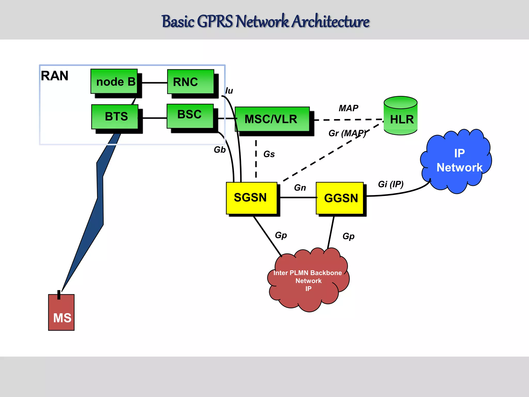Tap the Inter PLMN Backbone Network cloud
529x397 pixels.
(x=308, y=280)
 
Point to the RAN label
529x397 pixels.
(x=55, y=76)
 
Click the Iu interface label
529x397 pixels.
(x=229, y=91)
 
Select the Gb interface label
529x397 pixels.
(x=220, y=150)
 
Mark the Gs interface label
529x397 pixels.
(x=269, y=154)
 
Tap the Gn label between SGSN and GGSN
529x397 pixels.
(x=300, y=188)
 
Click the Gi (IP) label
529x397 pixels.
(x=391, y=184)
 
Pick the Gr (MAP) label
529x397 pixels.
(x=347, y=133)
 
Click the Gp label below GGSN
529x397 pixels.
(x=348, y=236)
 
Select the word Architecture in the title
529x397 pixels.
(x=331, y=22)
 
